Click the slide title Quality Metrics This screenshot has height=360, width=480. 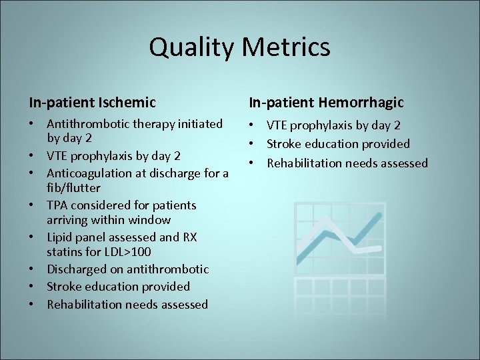(x=239, y=47)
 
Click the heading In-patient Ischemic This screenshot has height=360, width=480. (x=92, y=102)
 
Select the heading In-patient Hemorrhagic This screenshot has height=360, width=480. (x=326, y=102)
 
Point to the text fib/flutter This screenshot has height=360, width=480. (x=73, y=188)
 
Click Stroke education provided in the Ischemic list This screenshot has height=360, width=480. (x=118, y=287)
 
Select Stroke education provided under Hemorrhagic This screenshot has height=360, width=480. (x=338, y=144)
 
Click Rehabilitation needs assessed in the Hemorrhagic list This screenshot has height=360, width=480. (x=347, y=163)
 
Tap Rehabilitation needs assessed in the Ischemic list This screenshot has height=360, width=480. (x=127, y=305)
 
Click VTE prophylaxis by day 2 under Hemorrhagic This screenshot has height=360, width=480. (x=333, y=125)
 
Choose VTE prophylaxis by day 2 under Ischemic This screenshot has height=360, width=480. (x=113, y=156)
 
